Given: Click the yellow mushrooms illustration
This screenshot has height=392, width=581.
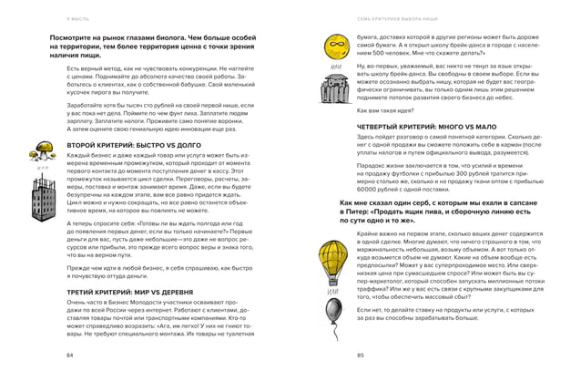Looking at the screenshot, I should click(x=41, y=151).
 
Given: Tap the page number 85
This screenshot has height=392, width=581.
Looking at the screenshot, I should click(x=362, y=354).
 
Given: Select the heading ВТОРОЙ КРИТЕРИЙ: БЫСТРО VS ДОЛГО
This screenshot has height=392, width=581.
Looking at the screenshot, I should click(x=127, y=145).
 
